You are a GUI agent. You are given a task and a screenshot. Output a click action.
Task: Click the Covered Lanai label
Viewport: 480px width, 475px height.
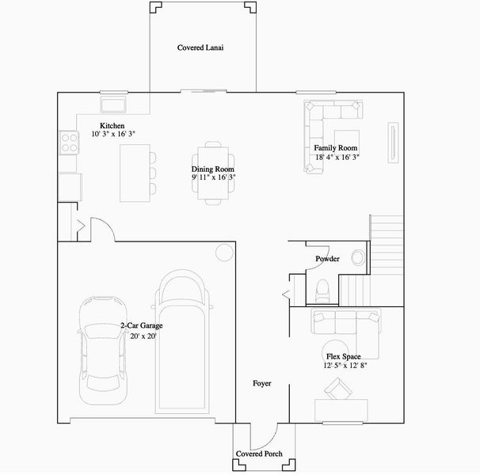pyautogui.click(x=200, y=48)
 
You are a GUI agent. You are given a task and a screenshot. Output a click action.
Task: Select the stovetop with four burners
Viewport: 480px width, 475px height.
pyautogui.click(x=68, y=142)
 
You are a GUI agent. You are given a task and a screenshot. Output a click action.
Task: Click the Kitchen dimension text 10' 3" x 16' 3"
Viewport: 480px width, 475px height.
pyautogui.click(x=113, y=135)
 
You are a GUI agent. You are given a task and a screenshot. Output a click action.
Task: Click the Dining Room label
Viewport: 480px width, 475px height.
pyautogui.click(x=213, y=169)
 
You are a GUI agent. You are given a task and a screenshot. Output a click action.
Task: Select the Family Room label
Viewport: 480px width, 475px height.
pyautogui.click(x=336, y=148)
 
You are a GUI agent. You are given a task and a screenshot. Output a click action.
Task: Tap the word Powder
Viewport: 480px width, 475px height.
pyautogui.click(x=327, y=259)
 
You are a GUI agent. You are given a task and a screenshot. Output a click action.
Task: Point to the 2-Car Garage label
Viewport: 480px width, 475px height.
pyautogui.click(x=143, y=325)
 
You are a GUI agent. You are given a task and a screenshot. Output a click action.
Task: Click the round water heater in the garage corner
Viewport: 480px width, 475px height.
pyautogui.click(x=224, y=253)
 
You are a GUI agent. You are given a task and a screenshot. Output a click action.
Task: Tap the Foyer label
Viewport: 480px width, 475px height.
pyautogui.click(x=261, y=383)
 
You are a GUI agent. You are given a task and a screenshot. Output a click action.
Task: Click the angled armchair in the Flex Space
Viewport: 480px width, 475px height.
pyautogui.click(x=339, y=389)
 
